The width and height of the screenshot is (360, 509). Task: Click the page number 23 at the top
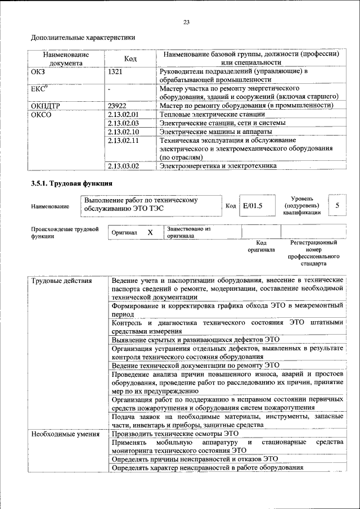click(186, 22)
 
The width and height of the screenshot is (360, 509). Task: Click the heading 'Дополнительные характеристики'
click(83, 38)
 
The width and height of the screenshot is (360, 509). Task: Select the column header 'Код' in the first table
click(130, 59)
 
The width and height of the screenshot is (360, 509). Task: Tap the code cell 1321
click(116, 71)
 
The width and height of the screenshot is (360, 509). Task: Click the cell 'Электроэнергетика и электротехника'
click(218, 166)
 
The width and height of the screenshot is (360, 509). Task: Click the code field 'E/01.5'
click(252, 206)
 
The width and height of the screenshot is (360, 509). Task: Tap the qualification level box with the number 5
click(337, 205)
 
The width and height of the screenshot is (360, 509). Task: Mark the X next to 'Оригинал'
click(150, 232)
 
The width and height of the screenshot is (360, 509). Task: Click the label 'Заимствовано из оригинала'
click(188, 233)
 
